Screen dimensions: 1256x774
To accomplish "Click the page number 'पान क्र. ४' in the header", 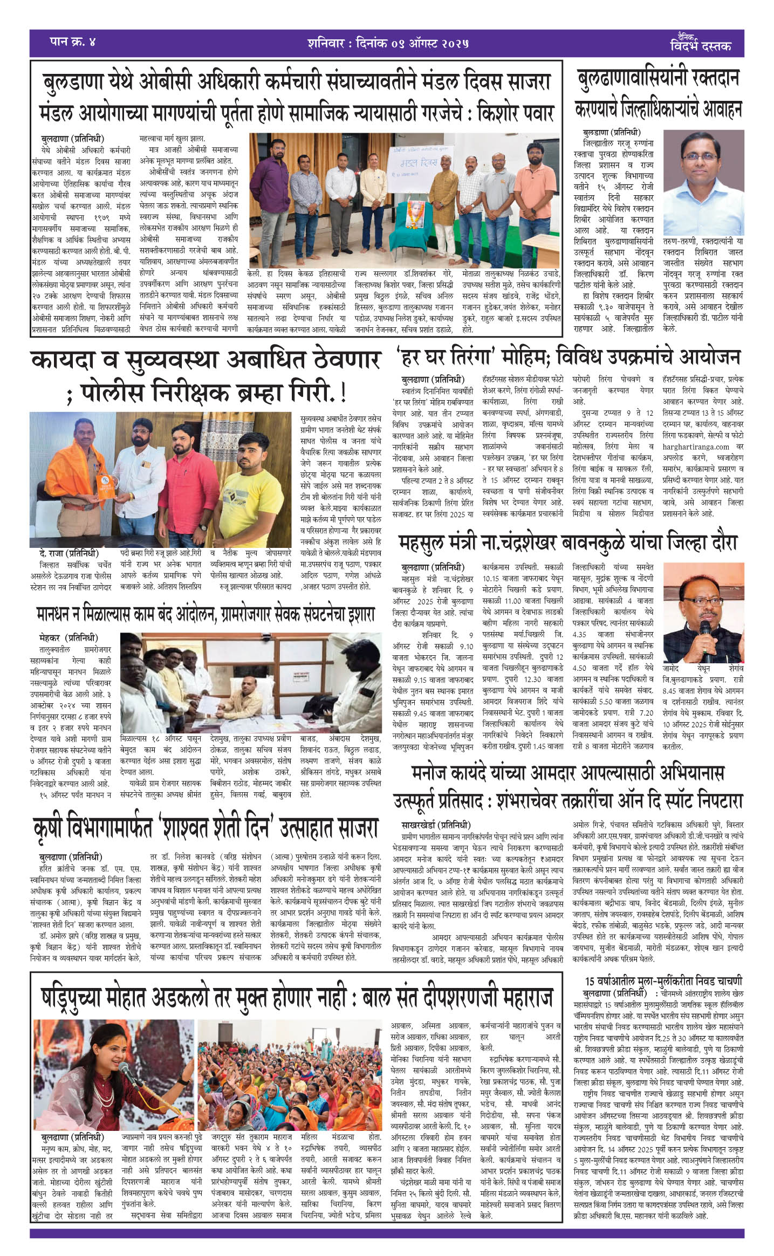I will pos(72,42).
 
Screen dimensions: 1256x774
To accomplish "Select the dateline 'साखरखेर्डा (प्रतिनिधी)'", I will pos(436,825).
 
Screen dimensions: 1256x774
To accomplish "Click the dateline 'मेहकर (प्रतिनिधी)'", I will pos(69,638).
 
